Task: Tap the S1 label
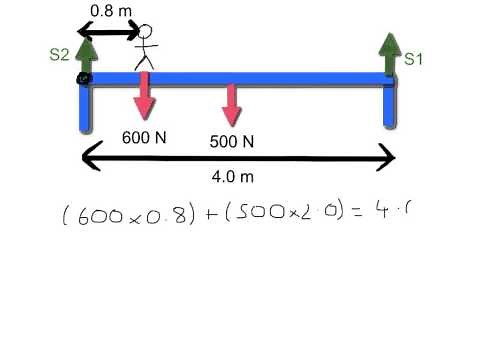click(414, 59)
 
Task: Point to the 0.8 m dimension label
click(108, 10)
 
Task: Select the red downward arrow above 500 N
click(232, 104)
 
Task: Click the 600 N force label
click(143, 137)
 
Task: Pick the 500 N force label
click(232, 142)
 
